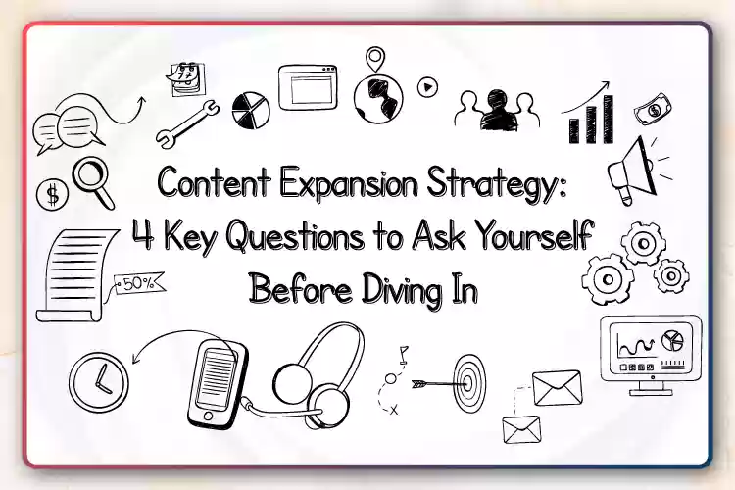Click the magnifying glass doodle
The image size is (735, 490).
[x=93, y=182]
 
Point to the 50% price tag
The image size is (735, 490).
[x=140, y=283]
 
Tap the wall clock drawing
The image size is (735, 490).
[x=99, y=382]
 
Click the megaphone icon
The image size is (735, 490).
[x=633, y=171]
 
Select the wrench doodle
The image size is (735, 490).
[x=186, y=123]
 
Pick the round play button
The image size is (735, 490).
[x=427, y=87]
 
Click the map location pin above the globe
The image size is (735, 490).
[x=375, y=59]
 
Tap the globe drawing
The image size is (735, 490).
[x=378, y=99]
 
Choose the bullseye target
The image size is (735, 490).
[x=469, y=383]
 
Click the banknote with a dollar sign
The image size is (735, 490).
[x=654, y=109]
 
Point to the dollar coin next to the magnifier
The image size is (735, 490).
[x=53, y=195]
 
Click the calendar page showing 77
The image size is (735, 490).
[x=186, y=78]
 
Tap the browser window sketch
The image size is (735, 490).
[x=308, y=87]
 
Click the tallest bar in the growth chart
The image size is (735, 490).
[x=609, y=119]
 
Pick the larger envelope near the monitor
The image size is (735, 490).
[x=558, y=388]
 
